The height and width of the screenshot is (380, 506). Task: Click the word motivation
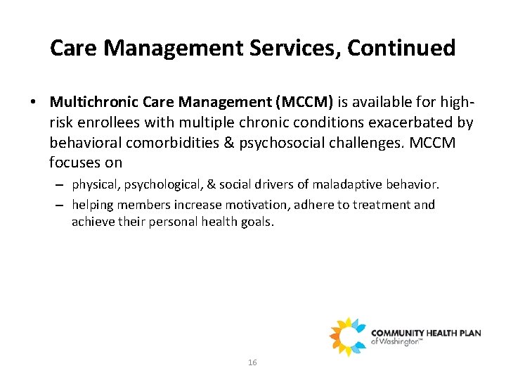263,205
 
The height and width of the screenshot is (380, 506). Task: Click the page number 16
253,362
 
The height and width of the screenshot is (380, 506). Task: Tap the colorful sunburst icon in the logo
348,336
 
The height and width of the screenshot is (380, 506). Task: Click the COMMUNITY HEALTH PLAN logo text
426,333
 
